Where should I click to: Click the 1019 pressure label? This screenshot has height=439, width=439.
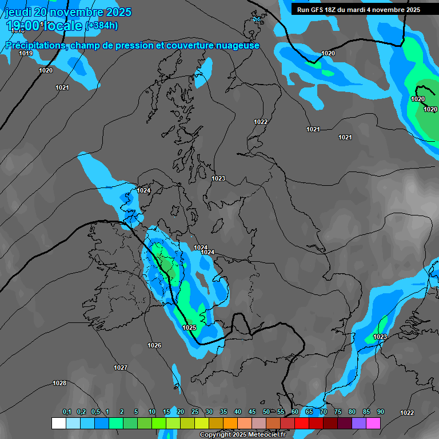coord(25,53)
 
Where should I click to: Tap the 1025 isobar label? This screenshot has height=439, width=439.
coord(189,328)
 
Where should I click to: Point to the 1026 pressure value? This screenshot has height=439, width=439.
coord(154,345)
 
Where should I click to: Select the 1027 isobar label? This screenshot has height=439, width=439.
coord(121,368)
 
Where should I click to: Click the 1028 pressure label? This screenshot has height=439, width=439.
coord(59,383)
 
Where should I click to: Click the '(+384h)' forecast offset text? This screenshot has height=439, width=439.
coord(102,25)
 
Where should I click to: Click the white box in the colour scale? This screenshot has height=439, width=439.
coord(58,423)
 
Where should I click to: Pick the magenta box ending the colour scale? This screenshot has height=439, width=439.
coord(373,423)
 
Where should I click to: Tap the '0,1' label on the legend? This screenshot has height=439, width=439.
coord(67,412)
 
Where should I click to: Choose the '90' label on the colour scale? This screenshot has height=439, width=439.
coord(381,412)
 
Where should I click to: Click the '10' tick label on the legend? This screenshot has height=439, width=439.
coord(152,412)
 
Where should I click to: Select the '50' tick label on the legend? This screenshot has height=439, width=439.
coord(266,412)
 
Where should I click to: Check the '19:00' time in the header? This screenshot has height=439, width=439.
coord(25,25)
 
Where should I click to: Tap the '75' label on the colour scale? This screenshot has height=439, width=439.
coord(338,412)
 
